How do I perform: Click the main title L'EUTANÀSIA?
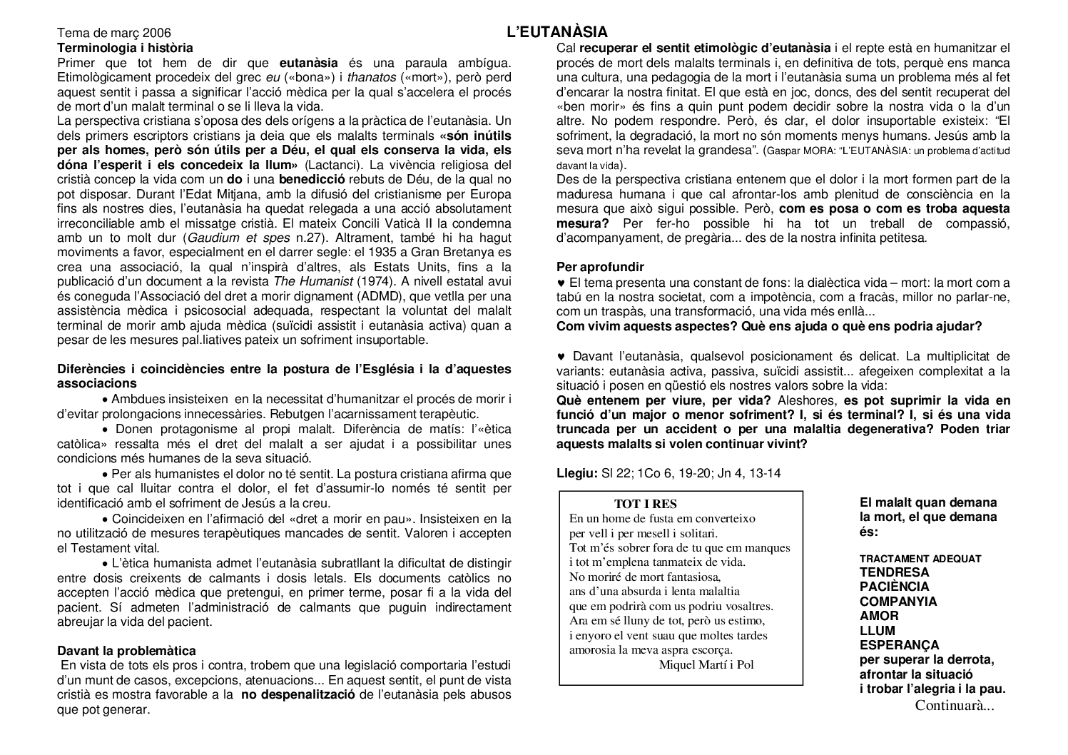(556, 32)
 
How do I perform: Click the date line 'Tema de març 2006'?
(113, 34)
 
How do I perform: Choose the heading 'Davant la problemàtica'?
(126, 651)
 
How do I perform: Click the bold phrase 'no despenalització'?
(297, 694)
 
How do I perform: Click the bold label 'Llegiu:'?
(576, 473)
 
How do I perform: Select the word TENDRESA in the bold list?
(894, 572)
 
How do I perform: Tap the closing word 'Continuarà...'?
(955, 706)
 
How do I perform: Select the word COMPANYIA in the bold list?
(898, 602)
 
